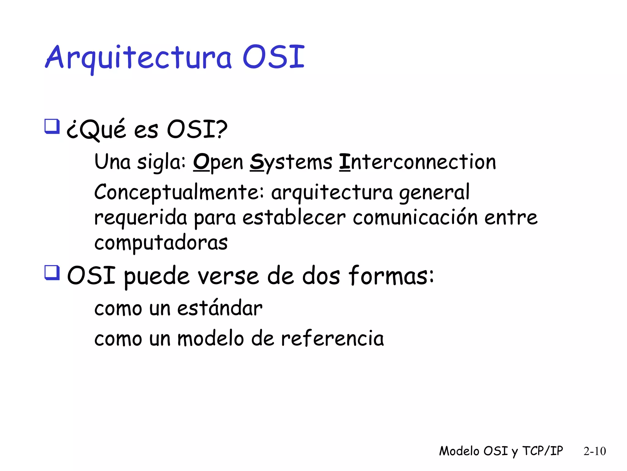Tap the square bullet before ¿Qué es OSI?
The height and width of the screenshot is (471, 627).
click(x=52, y=126)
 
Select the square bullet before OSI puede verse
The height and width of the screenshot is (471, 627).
click(x=52, y=272)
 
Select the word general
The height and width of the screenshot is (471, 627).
click(x=434, y=193)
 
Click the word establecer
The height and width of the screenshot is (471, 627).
click(x=294, y=218)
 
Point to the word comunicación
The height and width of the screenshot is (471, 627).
click(x=415, y=218)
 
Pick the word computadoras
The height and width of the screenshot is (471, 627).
click(x=161, y=243)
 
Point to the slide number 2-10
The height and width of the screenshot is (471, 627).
click(x=595, y=451)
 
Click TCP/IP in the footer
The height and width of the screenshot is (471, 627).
click(x=543, y=451)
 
